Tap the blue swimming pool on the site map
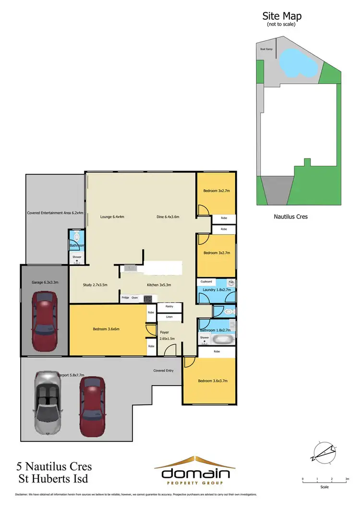pyautogui.click(x=298, y=62)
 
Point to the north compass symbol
pyautogui.click(x=324, y=451)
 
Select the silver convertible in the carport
pyautogui.click(x=48, y=401)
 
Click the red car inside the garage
pyautogui.click(x=44, y=315)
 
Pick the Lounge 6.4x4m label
pyautogui.click(x=112, y=217)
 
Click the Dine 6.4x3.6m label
pyautogui.click(x=168, y=217)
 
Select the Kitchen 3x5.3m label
pyautogui.click(x=159, y=285)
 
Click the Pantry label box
pyautogui.click(x=169, y=306)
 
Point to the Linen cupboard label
pyautogui.click(x=169, y=317)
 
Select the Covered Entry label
pyautogui.click(x=163, y=370)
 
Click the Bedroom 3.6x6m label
pyautogui.click(x=106, y=329)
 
